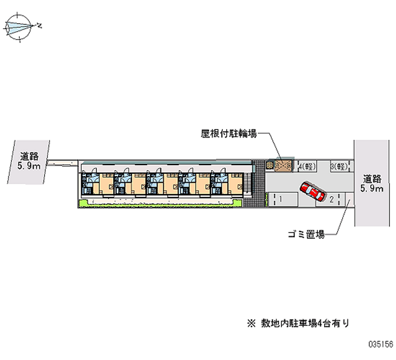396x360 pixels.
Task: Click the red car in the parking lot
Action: click(310, 191)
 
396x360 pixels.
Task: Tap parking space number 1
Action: click(280, 199)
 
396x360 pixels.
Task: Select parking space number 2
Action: click(331, 199)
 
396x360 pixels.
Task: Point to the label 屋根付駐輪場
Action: click(228, 134)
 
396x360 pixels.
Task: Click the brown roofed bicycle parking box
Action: click(284, 165)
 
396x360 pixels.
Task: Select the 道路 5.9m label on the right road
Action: click(372, 183)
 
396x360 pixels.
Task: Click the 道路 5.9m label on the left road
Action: click(28, 161)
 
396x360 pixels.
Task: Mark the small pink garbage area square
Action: click(348, 201)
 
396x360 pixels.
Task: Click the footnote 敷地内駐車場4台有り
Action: click(301, 324)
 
